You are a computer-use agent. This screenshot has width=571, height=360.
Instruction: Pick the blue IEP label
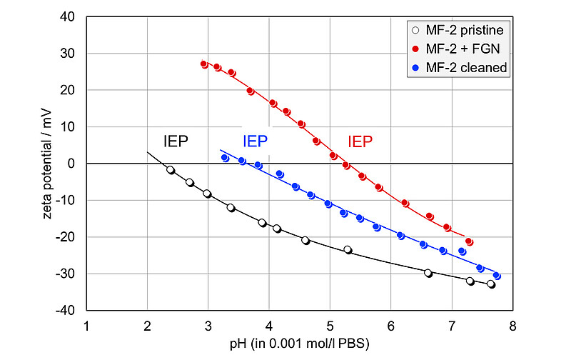tap(255, 141)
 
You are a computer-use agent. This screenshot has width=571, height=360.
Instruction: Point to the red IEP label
tap(360, 141)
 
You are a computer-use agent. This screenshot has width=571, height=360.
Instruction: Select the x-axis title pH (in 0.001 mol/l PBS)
tap(299, 344)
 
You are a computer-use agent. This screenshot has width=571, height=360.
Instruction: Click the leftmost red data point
tap(204, 64)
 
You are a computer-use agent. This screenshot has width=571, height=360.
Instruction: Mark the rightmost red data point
tap(469, 242)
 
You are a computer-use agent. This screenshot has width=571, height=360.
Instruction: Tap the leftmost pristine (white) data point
tap(171, 170)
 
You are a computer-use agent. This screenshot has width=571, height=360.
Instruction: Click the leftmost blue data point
tap(226, 158)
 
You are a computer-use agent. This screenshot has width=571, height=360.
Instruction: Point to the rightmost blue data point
tap(497, 276)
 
